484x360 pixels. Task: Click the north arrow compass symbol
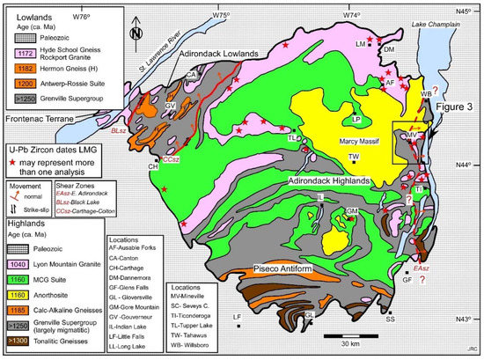pyautogui.click(x=134, y=34)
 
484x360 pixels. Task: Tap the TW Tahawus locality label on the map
pyautogui.click(x=353, y=157)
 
